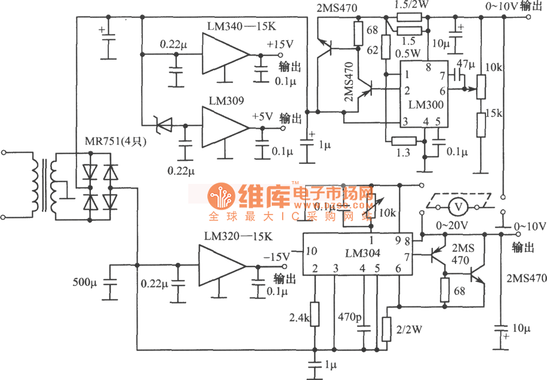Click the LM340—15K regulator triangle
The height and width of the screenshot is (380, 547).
(225, 55)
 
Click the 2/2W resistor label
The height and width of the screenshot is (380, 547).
(409, 329)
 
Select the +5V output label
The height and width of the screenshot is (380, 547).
(263, 115)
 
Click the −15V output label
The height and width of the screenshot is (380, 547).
(275, 256)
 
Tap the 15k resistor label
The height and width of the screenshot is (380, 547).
(495, 113)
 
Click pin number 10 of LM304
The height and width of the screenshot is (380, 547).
(310, 251)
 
